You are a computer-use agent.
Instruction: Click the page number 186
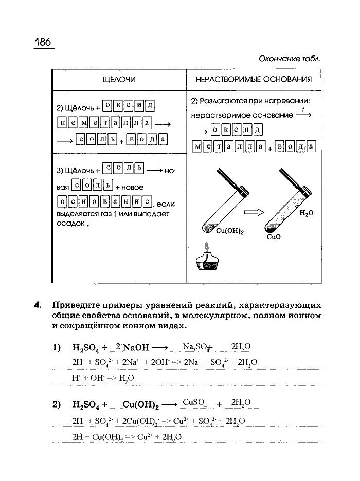tap(44, 42)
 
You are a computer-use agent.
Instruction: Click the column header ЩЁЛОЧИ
tap(119, 79)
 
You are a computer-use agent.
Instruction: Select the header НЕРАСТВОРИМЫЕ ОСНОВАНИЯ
tap(253, 79)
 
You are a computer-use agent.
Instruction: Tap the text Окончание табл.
tap(290, 58)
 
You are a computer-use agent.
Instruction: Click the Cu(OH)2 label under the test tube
tap(229, 231)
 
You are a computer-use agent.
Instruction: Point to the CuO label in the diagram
tap(274, 238)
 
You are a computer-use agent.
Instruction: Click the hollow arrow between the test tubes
tap(253, 212)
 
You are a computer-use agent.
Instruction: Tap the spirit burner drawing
tap(209, 260)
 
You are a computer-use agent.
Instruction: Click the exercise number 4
tap(37, 304)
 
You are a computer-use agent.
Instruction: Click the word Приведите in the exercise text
tap(77, 304)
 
